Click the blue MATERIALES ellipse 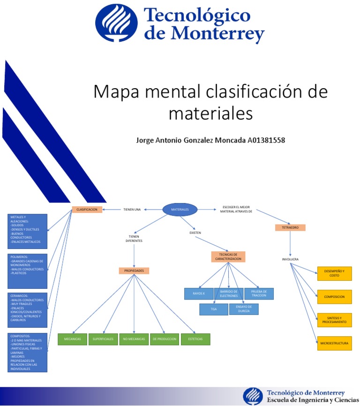180,210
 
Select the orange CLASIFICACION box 87,210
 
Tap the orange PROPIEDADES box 134,271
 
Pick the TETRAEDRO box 290,227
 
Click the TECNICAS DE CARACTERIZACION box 228,256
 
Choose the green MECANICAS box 72,339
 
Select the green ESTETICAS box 195,339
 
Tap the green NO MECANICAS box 134,339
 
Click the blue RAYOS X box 198,293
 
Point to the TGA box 214,309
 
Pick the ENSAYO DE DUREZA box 244,309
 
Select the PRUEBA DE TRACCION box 259,293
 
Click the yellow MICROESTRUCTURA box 334,343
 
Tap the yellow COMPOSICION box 334,297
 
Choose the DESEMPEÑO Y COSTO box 334,273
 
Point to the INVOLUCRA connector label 290,259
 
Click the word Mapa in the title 112,91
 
